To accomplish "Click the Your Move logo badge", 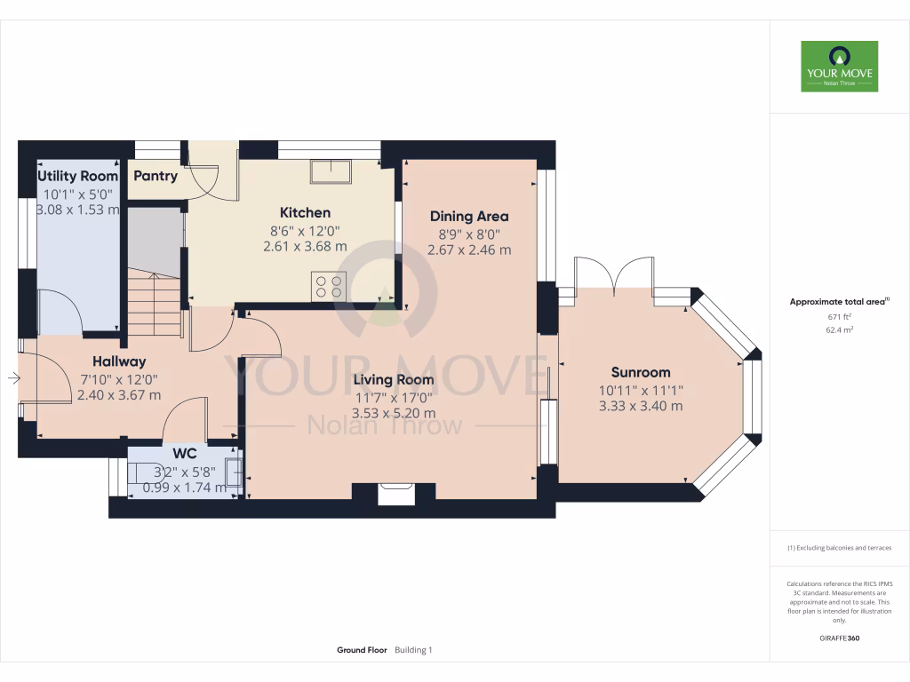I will point(839,66).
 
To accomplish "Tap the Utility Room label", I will point(78,176).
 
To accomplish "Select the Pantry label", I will point(156,176).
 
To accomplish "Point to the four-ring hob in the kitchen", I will point(329,286).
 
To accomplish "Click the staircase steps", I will point(155,302).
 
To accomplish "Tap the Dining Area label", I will point(469,216).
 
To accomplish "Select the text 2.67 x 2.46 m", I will point(469,250).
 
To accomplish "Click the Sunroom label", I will point(641,372).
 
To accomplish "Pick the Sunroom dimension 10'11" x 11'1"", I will point(641,390).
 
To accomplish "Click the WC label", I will point(185,453).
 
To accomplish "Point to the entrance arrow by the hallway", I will point(14,379).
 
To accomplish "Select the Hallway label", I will point(119,361).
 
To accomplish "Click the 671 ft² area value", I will point(839,316).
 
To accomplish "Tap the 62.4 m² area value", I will point(839,329).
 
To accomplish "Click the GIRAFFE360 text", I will point(839,638).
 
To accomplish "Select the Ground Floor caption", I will point(362,650).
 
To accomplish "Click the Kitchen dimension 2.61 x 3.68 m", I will point(306,248).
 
